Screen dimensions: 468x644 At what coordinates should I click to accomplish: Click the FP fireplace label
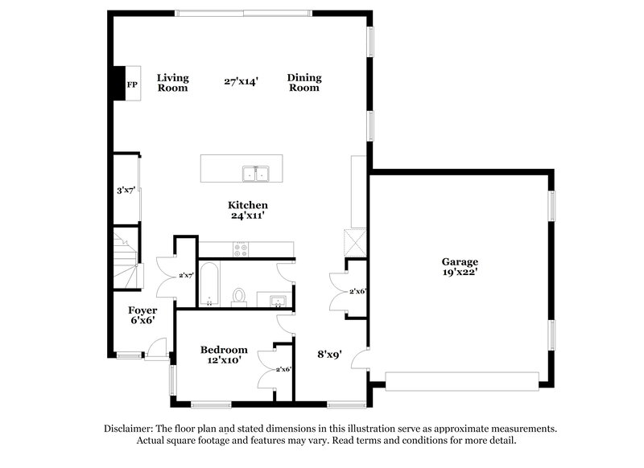pyautogui.click(x=131, y=83)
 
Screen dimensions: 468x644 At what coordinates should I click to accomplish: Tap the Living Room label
pyautogui.click(x=172, y=83)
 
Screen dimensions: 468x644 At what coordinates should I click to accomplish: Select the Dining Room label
pyautogui.click(x=303, y=83)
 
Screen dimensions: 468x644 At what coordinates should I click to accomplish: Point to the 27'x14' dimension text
pyautogui.click(x=241, y=81)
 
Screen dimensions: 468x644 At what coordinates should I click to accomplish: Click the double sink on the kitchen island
pyautogui.click(x=256, y=172)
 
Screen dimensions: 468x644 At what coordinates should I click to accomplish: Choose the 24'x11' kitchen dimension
pyautogui.click(x=247, y=216)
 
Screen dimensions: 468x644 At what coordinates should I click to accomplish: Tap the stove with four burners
pyautogui.click(x=242, y=249)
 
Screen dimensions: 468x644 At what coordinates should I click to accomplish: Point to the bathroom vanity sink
pyautogui.click(x=275, y=301)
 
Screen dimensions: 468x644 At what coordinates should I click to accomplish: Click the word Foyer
pyautogui.click(x=142, y=310)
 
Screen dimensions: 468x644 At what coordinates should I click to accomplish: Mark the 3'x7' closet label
pyautogui.click(x=125, y=191)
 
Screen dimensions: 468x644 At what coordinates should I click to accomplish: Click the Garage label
pyautogui.click(x=460, y=261)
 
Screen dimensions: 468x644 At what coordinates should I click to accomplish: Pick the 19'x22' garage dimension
pyautogui.click(x=460, y=273)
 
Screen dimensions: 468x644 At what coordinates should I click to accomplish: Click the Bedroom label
pyautogui.click(x=224, y=350)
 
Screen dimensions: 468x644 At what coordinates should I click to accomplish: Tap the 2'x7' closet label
pyautogui.click(x=186, y=275)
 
